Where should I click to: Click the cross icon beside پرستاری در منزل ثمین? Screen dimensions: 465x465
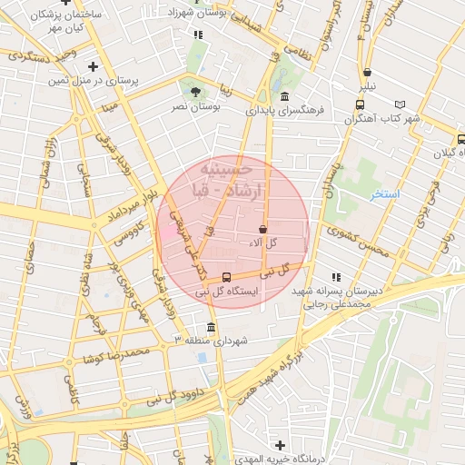(x=94, y=66)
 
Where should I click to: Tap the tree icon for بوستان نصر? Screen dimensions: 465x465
(x=196, y=91)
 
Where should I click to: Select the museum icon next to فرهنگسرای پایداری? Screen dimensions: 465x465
(x=285, y=97)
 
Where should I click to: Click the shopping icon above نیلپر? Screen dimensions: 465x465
(x=367, y=72)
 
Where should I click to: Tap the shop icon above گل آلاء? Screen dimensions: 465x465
(x=263, y=229)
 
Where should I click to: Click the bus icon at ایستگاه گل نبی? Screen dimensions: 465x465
(x=226, y=277)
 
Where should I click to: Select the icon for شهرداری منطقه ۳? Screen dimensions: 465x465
(x=212, y=327)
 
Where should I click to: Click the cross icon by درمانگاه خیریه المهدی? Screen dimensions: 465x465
(x=280, y=446)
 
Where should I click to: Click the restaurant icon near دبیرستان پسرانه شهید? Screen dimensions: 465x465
(x=335, y=277)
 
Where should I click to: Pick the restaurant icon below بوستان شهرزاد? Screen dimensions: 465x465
(x=199, y=35)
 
